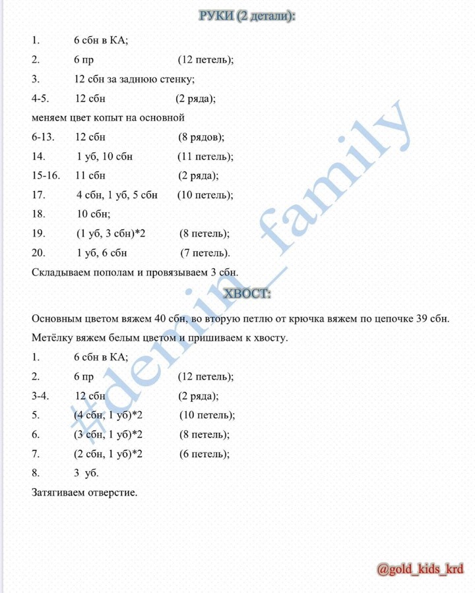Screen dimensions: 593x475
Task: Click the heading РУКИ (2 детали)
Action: click(x=247, y=16)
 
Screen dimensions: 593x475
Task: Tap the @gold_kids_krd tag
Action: click(x=420, y=569)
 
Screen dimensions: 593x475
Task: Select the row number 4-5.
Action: click(x=43, y=99)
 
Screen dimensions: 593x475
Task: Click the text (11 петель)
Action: click(x=205, y=157)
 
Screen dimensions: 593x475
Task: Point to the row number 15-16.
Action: click(x=46, y=176)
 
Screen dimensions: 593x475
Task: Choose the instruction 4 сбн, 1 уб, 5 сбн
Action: click(x=117, y=195)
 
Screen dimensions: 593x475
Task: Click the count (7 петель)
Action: click(x=205, y=253)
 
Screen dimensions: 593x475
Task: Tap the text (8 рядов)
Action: click(x=201, y=138)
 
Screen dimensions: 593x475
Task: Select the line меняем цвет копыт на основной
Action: click(x=108, y=118)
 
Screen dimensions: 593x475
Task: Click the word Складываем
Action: click(x=59, y=272)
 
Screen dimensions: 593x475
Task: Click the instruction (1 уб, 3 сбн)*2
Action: click(x=110, y=234)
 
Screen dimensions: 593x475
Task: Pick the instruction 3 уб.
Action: click(x=86, y=473)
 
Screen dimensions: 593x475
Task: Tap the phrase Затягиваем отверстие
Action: click(x=84, y=492)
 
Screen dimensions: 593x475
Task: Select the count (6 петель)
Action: click(x=204, y=454)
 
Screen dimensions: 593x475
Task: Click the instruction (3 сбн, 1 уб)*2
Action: click(x=108, y=435)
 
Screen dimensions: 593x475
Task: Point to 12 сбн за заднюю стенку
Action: click(x=135, y=80)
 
